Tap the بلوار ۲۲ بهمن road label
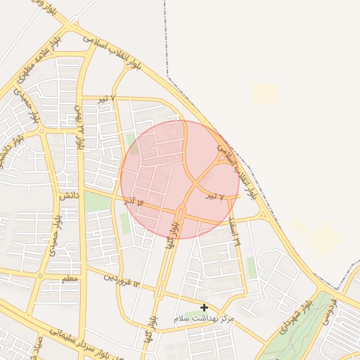pos(79,127)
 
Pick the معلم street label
pos(71,279)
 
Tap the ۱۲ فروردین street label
pos(123,279)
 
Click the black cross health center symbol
pos(204,307)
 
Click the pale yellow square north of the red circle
pos(265,94)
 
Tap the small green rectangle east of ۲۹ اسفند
pos(251,268)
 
